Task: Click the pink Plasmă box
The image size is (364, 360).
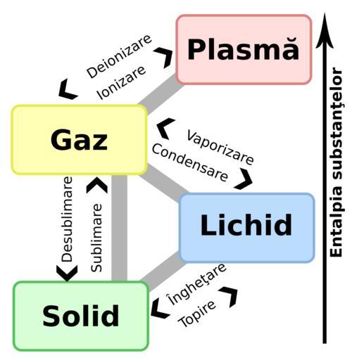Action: click(x=244, y=49)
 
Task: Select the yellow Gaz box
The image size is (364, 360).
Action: click(x=80, y=140)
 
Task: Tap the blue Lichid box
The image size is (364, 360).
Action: click(x=246, y=228)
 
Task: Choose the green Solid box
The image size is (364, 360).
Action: click(x=81, y=316)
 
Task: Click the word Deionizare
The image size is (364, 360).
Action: click(x=119, y=56)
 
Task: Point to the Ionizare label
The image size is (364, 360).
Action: click(x=121, y=83)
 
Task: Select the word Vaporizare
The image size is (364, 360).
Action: click(x=220, y=148)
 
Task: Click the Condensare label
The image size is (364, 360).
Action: click(x=190, y=162)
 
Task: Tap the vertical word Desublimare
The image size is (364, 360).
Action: click(x=67, y=219)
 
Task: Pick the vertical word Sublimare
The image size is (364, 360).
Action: click(x=96, y=238)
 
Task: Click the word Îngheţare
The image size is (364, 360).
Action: click(x=196, y=284)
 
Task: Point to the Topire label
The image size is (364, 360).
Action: click(x=196, y=314)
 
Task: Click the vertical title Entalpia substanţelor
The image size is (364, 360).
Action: click(x=337, y=162)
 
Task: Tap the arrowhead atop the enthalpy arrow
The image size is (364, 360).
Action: click(x=325, y=30)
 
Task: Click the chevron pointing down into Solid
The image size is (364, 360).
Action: click(x=67, y=273)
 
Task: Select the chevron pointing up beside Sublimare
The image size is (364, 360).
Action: click(x=97, y=185)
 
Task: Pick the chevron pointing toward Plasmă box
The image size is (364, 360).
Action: click(x=164, y=58)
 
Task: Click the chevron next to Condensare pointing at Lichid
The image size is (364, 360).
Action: click(x=244, y=179)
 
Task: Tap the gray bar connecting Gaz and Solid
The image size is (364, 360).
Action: click(x=119, y=228)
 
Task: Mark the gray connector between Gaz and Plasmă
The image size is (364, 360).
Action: click(x=161, y=95)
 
